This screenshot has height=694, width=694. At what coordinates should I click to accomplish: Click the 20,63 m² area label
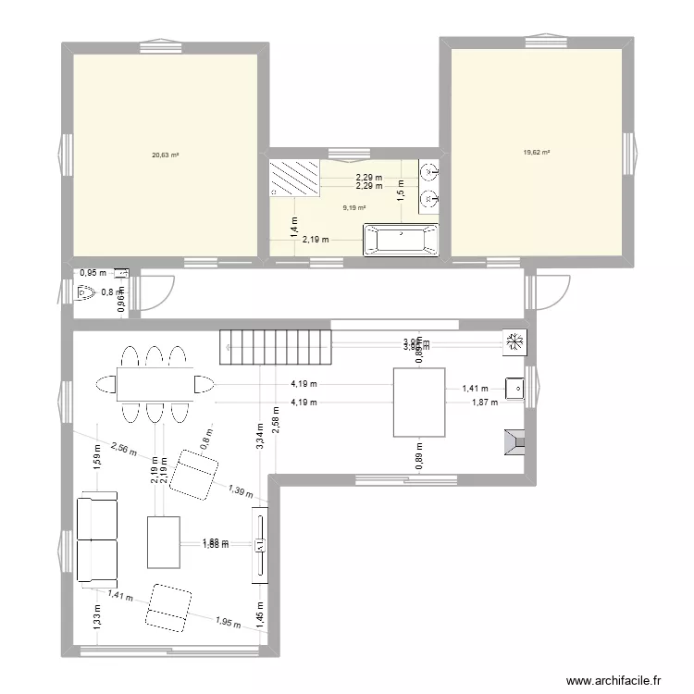click(x=166, y=155)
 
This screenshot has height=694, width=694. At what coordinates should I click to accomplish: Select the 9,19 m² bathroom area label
click(x=354, y=207)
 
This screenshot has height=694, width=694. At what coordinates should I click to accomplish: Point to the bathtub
click(x=401, y=241)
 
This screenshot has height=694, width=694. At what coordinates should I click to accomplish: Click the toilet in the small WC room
click(x=87, y=294)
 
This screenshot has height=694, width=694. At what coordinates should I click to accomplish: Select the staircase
click(x=274, y=347)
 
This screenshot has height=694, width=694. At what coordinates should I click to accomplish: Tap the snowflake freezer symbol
click(x=515, y=342)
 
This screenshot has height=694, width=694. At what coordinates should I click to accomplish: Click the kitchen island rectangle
click(x=420, y=402)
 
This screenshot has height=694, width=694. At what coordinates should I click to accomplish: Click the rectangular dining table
click(x=155, y=383)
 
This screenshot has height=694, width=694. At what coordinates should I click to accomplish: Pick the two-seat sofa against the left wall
click(x=96, y=540)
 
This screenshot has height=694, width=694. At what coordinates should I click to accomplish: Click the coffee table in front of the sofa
click(x=163, y=541)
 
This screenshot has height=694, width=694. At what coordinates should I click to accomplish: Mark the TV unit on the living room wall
click(x=260, y=546)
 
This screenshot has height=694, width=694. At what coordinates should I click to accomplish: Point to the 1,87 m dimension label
click(x=484, y=403)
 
